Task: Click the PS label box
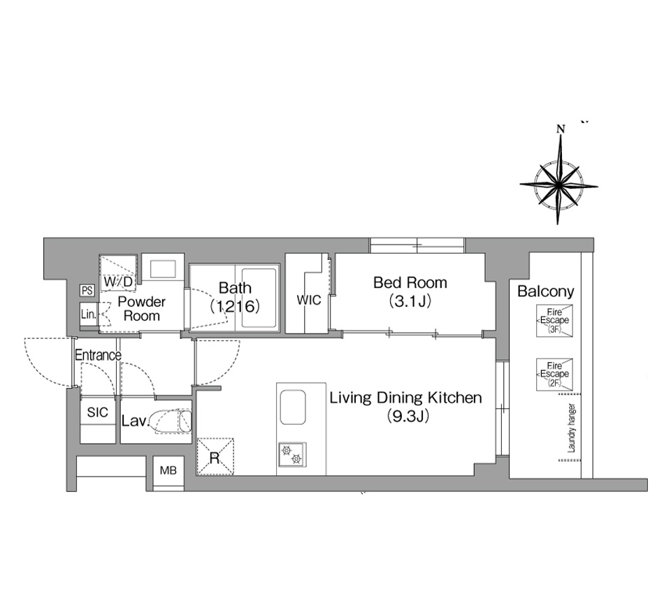click(87, 290)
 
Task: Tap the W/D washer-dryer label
click(118, 282)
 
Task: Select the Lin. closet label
click(88, 314)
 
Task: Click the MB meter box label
click(168, 470)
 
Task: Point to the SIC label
click(98, 412)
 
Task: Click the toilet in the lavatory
click(171, 421)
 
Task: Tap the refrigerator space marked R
click(215, 456)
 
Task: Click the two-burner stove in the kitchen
click(292, 454)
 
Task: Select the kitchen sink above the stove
click(293, 407)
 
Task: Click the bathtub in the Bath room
click(259, 298)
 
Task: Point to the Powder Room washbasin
click(162, 269)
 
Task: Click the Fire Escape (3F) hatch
click(554, 321)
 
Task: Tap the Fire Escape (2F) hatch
click(554, 375)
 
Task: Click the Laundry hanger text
click(572, 428)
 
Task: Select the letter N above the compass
click(560, 129)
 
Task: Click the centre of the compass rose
click(559, 185)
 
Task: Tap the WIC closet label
click(309, 300)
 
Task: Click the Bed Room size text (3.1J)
click(410, 302)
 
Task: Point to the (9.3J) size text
click(407, 416)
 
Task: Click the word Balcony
click(546, 291)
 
